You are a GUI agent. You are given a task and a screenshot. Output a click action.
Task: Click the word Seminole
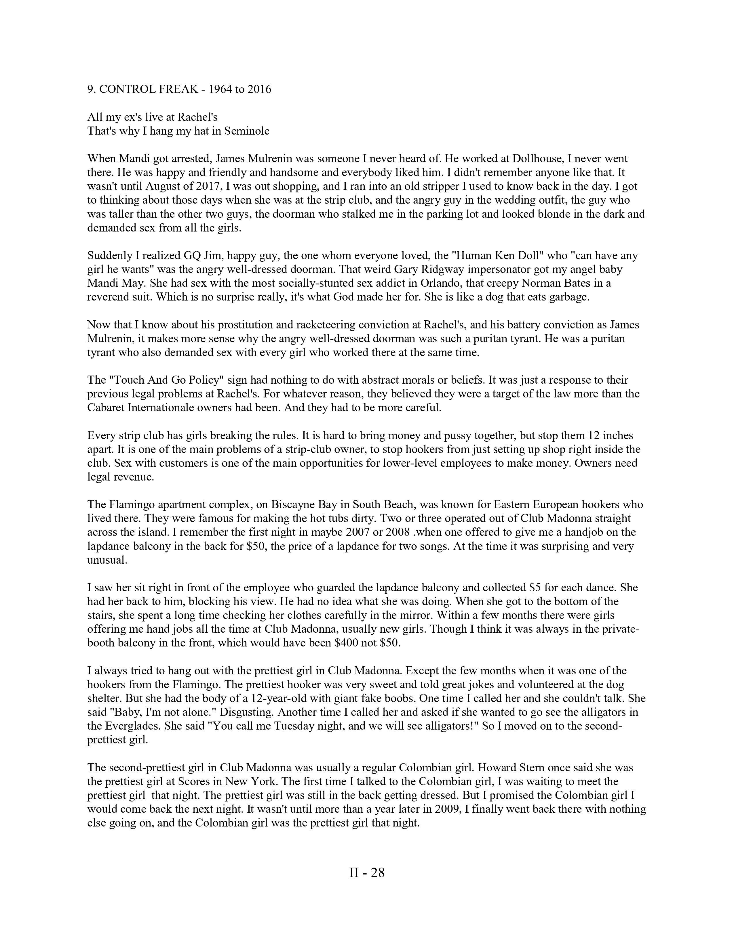(x=247, y=131)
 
